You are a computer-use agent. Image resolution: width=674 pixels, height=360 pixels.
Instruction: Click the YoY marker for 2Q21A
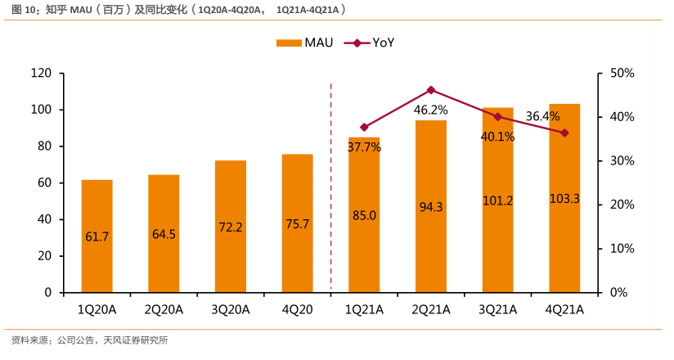click(431, 90)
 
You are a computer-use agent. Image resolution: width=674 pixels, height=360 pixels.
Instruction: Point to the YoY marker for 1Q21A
click(364, 128)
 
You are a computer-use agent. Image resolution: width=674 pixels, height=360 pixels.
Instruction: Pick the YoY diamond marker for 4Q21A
click(564, 133)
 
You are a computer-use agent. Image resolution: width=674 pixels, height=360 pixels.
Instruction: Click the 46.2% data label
click(430, 110)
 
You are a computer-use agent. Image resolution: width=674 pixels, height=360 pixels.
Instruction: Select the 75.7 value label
click(298, 225)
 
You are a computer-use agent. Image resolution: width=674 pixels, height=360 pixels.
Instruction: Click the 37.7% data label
click(364, 147)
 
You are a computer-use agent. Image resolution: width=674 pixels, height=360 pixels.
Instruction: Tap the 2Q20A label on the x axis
click(164, 309)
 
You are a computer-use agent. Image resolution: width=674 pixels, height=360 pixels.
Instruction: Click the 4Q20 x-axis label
click(297, 309)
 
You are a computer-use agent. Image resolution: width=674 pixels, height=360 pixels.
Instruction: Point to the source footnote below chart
click(89, 340)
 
